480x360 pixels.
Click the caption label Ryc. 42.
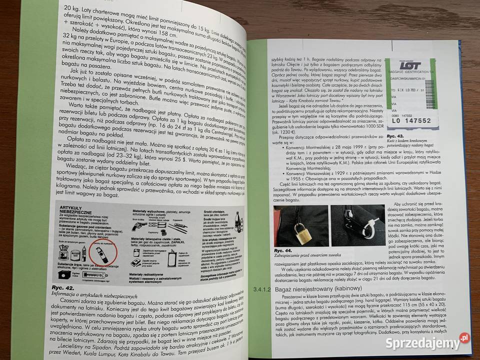click(63, 288)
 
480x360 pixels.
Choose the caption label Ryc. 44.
click(283, 250)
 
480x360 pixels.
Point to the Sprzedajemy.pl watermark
click(425, 342)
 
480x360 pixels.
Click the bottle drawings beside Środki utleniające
click(235, 220)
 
